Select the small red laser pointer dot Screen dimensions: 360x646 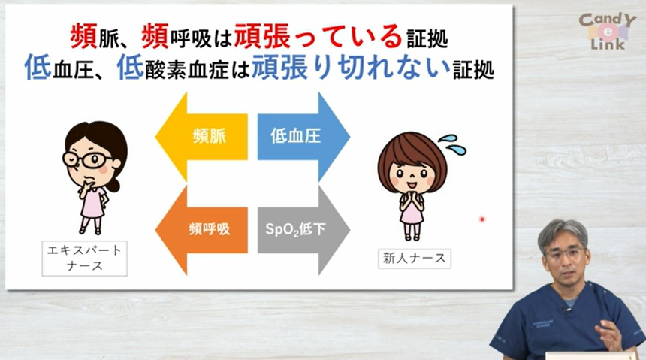(x=482, y=219)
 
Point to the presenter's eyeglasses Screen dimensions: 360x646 (x=564, y=253)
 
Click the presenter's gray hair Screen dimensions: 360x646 (x=563, y=230)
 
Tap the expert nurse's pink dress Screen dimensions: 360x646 (x=92, y=204)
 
